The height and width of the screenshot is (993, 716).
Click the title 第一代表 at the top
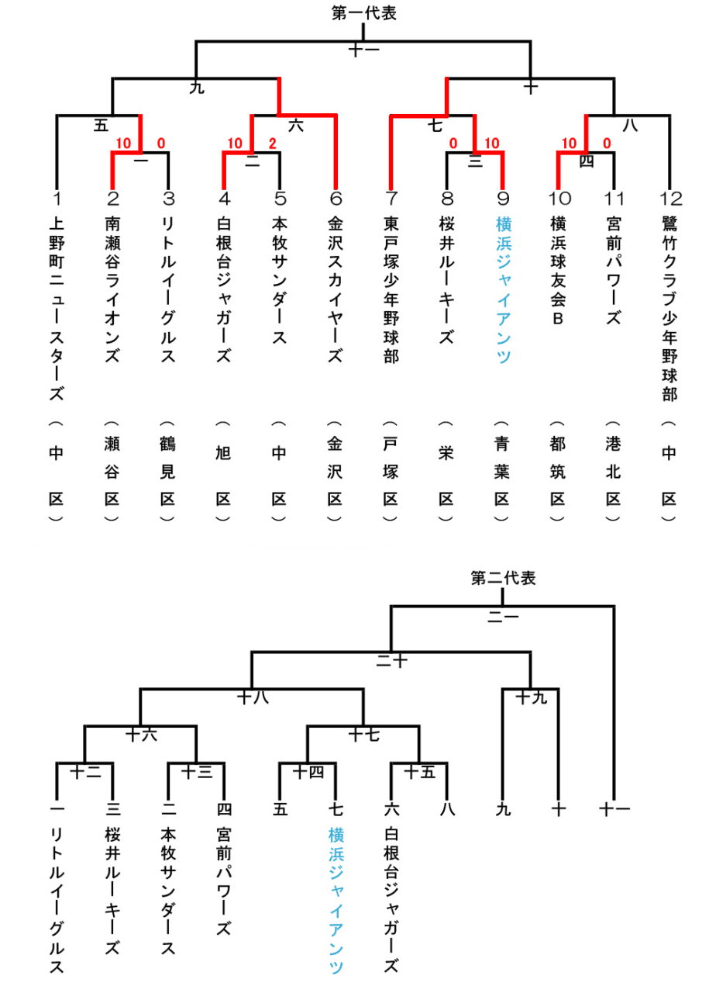pos(363,13)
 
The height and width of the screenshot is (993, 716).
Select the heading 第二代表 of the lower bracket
pos(503,578)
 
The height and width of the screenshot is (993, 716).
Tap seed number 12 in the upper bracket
pos(670,198)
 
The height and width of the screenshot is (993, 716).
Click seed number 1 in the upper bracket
pos(57,198)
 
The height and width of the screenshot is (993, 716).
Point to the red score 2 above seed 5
pos(272,144)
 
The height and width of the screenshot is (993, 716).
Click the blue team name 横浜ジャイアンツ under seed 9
pos(504,290)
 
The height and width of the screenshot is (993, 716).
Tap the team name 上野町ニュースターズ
pos(57,309)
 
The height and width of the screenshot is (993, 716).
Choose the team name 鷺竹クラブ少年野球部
pos(670,309)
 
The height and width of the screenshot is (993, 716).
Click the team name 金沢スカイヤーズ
pos(336,290)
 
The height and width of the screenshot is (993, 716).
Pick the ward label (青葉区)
pos(501,471)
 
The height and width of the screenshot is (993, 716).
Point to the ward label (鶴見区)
pos(167,471)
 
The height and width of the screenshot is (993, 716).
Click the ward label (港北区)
pos(613,471)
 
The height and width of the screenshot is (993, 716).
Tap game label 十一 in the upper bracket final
pos(364,50)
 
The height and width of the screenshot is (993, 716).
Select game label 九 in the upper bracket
pos(197,88)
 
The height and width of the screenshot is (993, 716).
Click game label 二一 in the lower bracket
pos(503,617)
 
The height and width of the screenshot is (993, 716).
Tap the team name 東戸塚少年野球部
pos(391,290)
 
